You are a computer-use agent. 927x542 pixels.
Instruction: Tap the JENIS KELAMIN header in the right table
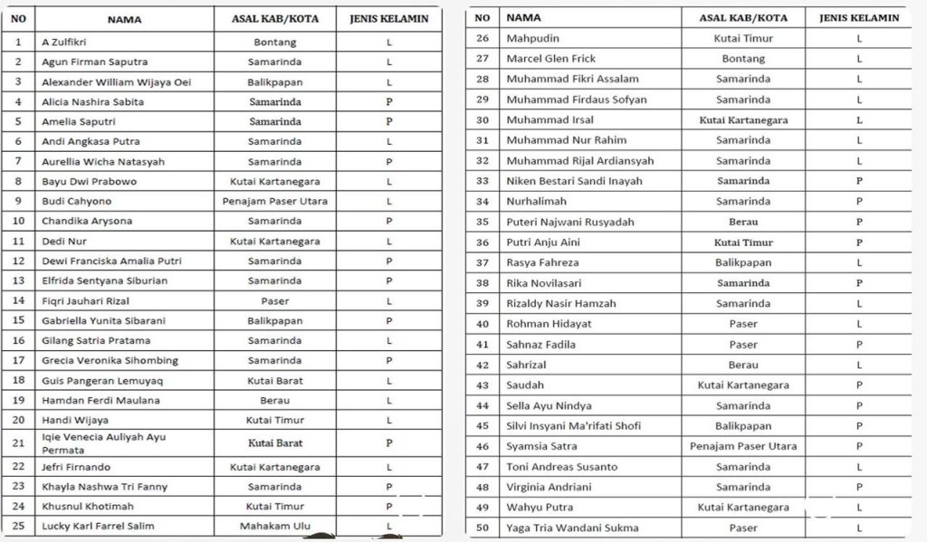(858, 17)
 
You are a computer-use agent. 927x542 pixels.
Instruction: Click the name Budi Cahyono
(77, 201)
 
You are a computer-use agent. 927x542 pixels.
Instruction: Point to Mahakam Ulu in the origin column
(274, 526)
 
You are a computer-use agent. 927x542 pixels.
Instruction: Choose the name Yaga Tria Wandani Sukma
(572, 528)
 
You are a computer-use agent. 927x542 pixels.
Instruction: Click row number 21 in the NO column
(18, 443)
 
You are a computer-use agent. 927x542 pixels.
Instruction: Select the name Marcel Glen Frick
(550, 59)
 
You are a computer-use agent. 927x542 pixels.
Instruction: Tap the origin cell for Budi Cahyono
(274, 201)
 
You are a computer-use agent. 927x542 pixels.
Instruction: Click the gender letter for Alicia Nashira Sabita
(388, 102)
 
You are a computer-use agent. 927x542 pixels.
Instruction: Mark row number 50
(483, 528)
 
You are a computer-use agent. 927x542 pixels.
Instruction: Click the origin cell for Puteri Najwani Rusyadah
(742, 222)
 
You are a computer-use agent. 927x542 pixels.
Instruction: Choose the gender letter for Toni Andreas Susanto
(858, 467)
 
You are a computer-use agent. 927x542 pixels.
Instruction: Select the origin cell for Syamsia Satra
(742, 446)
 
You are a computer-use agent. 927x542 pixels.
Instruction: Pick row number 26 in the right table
(483, 38)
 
